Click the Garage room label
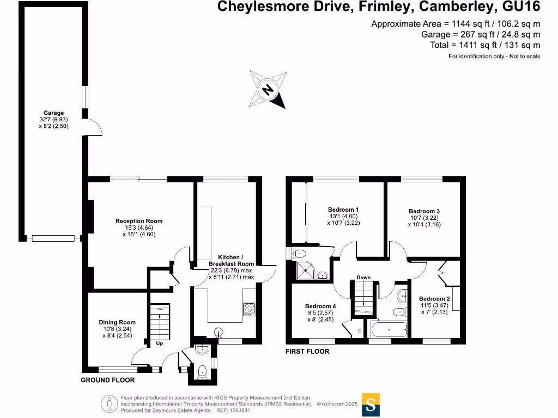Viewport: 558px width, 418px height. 54,113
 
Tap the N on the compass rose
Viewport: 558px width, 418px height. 268,90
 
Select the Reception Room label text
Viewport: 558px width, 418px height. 139,221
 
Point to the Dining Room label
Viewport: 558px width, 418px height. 117,322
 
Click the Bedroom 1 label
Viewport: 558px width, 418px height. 343,210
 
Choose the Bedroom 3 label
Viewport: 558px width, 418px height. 424,211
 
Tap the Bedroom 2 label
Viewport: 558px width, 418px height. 434,299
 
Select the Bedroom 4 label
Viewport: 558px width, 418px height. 320,306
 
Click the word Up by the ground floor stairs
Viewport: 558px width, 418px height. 159,343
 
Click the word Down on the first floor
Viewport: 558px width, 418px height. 363,278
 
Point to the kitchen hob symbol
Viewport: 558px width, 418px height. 248,309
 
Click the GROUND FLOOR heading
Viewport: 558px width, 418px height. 108,380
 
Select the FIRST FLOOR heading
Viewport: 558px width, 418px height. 307,352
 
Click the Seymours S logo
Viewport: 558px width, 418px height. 371,405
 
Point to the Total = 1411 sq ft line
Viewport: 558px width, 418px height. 485,45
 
